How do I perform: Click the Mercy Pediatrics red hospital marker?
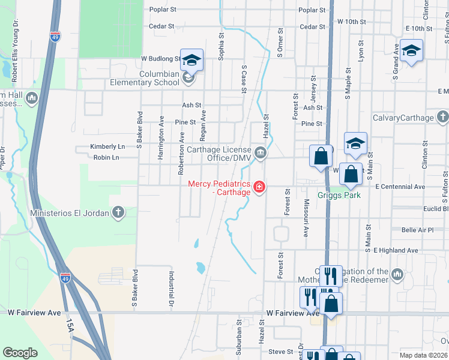click(x=259, y=188)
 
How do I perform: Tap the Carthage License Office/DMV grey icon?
click(x=261, y=152)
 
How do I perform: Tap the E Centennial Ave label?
click(x=400, y=187)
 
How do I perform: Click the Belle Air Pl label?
click(x=417, y=230)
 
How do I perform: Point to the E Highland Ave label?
click(x=399, y=250)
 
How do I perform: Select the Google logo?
click(x=20, y=353)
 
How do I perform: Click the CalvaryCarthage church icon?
click(x=443, y=117)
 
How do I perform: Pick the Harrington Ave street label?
click(x=161, y=145)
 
